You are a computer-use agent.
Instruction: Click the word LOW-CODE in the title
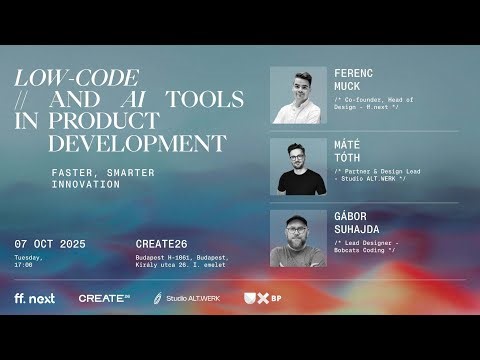pyautogui.click(x=76, y=78)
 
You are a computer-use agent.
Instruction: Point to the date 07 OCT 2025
pyautogui.click(x=50, y=245)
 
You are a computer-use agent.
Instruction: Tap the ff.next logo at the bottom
pyautogui.click(x=35, y=298)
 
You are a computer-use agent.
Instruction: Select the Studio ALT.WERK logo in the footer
pyautogui.click(x=186, y=298)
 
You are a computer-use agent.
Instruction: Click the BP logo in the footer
pyautogui.click(x=262, y=298)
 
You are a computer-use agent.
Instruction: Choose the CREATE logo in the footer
pyautogui.click(x=104, y=298)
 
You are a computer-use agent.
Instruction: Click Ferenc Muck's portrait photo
pyautogui.click(x=298, y=96)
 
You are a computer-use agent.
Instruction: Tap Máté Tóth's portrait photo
pyautogui.click(x=298, y=166)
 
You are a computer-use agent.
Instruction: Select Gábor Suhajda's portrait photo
pyautogui.click(x=298, y=238)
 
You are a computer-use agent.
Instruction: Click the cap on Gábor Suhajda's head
pyautogui.click(x=298, y=220)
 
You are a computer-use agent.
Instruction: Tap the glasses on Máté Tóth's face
pyautogui.click(x=298, y=159)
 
